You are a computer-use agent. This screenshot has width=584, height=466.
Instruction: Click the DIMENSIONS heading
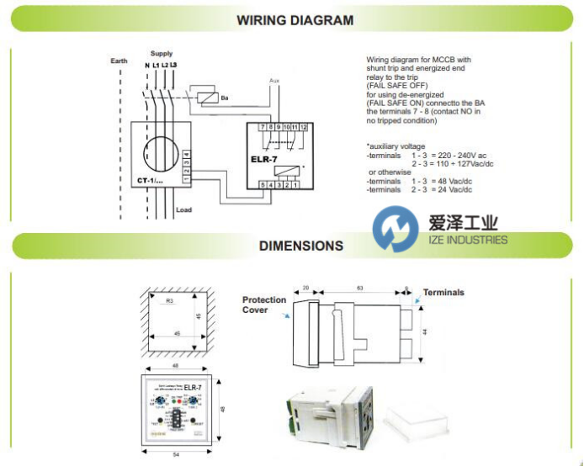point(300,246)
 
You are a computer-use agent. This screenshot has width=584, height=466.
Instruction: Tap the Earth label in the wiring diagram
point(119,61)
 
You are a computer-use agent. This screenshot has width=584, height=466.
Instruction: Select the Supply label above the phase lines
point(161,52)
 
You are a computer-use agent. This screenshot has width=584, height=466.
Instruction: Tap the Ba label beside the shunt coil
point(225,98)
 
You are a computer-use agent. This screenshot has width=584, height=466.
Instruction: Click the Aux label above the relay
point(273,81)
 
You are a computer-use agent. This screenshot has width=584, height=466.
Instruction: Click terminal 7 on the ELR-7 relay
point(263,126)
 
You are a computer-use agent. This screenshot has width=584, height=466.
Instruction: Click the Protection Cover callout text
point(264,304)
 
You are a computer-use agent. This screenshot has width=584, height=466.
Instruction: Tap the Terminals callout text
point(443,293)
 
